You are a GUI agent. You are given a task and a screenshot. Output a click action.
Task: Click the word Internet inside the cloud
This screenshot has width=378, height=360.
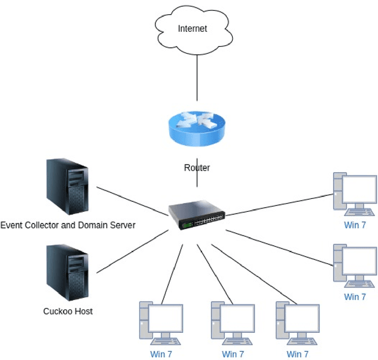tap(193, 28)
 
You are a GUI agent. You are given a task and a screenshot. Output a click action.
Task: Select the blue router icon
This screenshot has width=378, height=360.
tap(196, 126)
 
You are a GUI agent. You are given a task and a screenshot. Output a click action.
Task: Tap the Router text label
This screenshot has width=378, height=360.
tap(197, 168)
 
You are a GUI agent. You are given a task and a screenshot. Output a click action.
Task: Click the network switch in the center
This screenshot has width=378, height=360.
tap(196, 215)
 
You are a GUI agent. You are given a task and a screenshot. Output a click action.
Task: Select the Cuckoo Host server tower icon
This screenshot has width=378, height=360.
tap(67, 273)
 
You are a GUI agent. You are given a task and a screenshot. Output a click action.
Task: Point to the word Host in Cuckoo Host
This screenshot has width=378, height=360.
tap(83, 311)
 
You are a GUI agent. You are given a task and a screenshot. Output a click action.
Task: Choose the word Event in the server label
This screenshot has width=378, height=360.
tap(11, 225)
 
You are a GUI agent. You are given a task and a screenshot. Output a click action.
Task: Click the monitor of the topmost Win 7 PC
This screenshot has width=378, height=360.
tap(360, 189)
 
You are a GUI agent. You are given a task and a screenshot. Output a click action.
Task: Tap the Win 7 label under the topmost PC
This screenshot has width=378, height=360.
tap(355, 225)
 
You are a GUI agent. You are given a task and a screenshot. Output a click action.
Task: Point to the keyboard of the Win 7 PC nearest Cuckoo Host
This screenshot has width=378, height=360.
tap(166, 342)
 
